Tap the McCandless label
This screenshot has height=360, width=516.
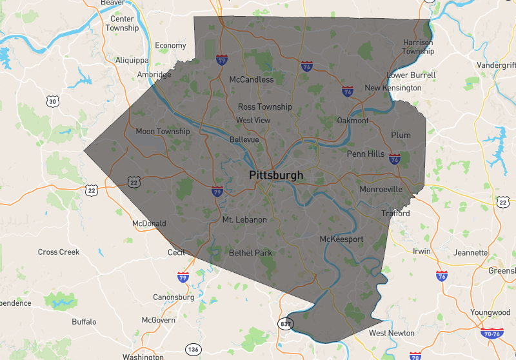point(252,79)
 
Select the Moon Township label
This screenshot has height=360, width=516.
point(163,132)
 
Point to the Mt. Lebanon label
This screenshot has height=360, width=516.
point(244,220)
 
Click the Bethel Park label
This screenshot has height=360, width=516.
point(250,253)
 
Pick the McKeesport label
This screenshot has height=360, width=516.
point(342,239)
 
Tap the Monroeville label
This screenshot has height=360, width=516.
point(381,190)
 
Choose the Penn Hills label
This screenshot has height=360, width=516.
point(365,154)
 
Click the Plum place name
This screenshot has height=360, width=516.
point(401,135)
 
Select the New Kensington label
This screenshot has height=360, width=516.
point(393,88)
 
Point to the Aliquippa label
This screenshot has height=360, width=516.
point(132,60)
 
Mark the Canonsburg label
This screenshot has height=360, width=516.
point(173,297)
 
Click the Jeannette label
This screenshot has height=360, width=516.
point(471,253)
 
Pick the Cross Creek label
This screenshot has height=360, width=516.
point(59,252)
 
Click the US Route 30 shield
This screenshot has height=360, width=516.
point(53,101)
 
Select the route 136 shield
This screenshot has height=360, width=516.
point(192,349)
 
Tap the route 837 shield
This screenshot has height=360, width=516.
point(286,323)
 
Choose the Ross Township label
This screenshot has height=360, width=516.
point(264,107)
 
